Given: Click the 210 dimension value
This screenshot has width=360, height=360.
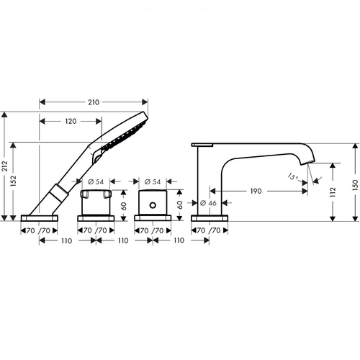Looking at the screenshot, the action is click(94, 102).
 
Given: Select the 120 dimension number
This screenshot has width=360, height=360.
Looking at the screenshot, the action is click(71, 121).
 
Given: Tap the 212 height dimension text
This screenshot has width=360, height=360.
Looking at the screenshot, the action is click(5, 166).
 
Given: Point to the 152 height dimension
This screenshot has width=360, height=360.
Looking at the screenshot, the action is click(14, 181).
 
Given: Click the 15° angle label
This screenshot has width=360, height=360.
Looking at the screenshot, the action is click(293, 177).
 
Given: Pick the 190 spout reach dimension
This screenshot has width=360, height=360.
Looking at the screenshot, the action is click(256, 191).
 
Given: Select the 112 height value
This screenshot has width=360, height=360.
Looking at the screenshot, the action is click(333, 192).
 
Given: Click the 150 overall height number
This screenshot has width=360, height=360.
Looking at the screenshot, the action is click(356, 185).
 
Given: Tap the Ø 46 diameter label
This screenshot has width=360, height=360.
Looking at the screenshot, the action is click(208, 203).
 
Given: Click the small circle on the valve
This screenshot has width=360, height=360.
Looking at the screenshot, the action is click(153, 205).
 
